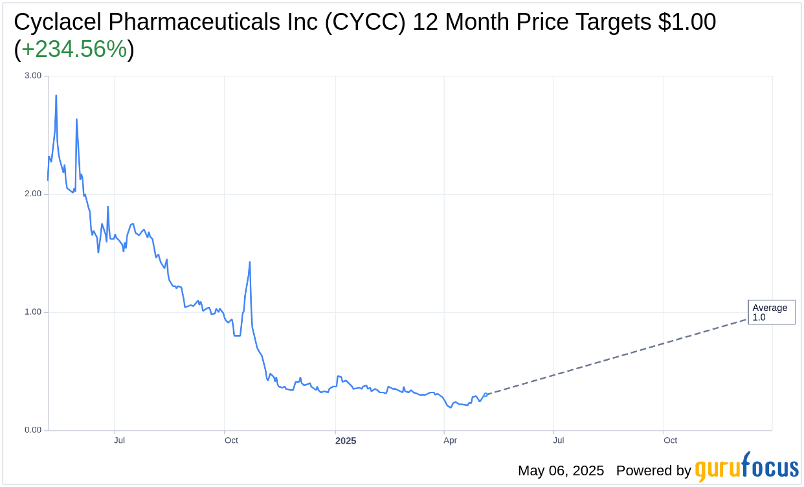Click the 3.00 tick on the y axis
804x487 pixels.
[x=32, y=76]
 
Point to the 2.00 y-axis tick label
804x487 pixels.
[x=32, y=194]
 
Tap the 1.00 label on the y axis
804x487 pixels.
[x=32, y=311]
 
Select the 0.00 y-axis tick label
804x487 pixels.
[x=32, y=430]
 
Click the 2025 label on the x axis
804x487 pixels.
[x=346, y=441]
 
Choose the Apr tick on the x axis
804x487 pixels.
[x=450, y=440]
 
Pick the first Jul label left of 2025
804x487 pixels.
[x=119, y=440]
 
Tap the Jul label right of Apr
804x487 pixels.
[x=558, y=440]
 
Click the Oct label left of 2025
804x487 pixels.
[x=231, y=440]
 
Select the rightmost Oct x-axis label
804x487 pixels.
[x=670, y=440]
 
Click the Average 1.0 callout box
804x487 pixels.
[x=771, y=312]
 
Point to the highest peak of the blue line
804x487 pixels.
[x=56, y=95]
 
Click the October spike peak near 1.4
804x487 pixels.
[x=250, y=262]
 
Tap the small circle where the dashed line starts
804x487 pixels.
[x=486, y=394]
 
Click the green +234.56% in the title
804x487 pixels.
[x=74, y=49]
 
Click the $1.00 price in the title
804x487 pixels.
[x=687, y=22]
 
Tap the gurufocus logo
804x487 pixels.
[x=746, y=467]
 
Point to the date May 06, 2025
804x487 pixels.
[x=561, y=471]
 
